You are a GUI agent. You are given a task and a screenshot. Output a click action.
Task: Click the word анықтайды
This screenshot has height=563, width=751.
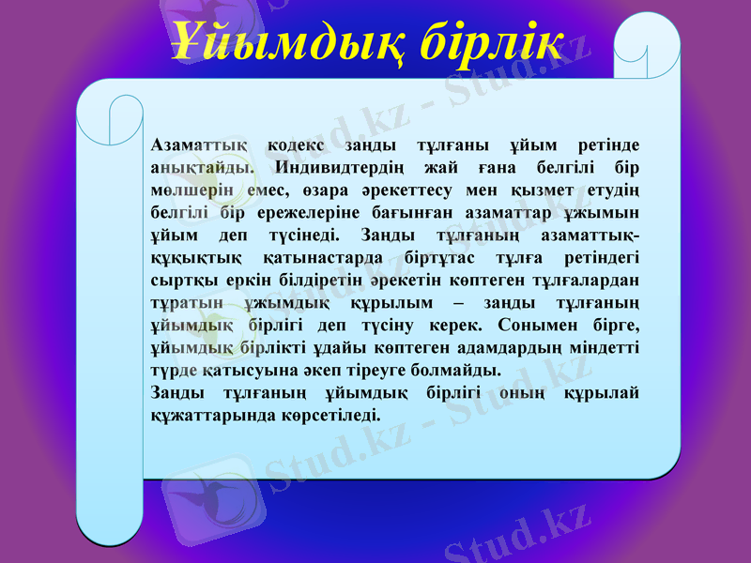(200, 168)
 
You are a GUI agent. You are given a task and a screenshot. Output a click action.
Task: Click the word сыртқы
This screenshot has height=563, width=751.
(177, 279)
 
